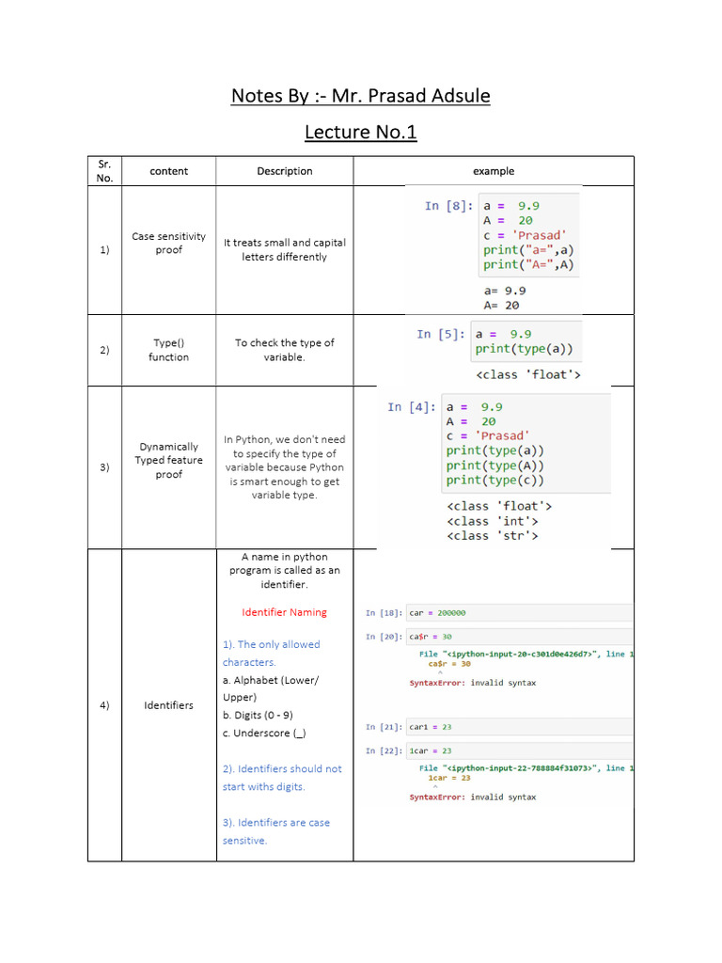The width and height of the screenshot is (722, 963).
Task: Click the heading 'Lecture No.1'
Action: point(360,132)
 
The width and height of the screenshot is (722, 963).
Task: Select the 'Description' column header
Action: point(285,171)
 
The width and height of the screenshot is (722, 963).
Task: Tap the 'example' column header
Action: point(494,171)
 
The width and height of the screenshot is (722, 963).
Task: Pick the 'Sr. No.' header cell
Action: point(104,171)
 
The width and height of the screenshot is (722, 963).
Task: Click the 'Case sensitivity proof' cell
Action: point(168,243)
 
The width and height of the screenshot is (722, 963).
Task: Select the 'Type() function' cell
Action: point(168,350)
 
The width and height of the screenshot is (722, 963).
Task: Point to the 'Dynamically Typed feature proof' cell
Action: point(168,460)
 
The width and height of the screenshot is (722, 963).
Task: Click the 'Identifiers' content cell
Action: point(168,705)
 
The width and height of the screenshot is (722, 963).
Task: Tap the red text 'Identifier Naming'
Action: point(284,612)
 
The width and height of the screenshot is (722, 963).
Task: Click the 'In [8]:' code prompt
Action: point(447,206)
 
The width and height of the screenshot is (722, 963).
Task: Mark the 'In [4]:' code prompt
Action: point(411,406)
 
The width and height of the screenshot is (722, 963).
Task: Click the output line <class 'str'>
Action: point(493,535)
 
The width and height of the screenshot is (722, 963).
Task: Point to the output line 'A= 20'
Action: point(501,305)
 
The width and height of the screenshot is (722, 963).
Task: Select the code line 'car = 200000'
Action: point(437,613)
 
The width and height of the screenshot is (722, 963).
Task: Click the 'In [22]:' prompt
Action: point(384,750)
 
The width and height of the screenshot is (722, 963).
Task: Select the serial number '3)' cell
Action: point(104,467)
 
